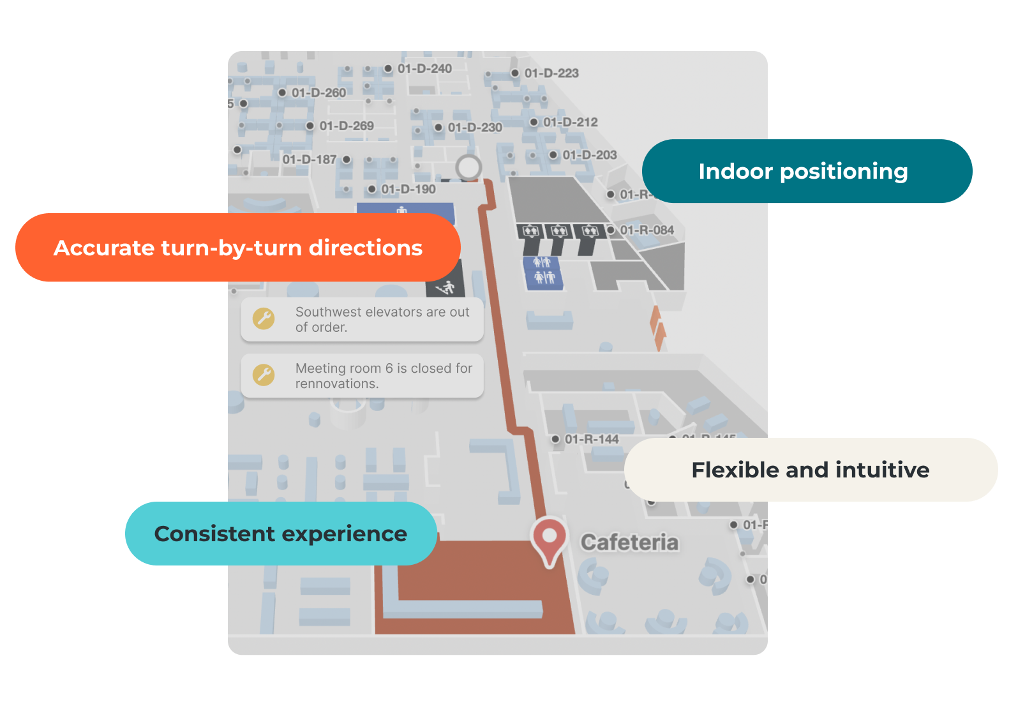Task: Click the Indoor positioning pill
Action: tap(806, 171)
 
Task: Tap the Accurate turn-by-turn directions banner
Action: tap(237, 248)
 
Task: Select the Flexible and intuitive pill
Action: tap(810, 470)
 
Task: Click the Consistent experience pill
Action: tap(281, 534)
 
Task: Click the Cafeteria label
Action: tap(629, 543)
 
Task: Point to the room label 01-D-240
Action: tap(424, 68)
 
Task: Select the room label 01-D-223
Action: tap(551, 73)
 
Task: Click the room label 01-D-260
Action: tap(318, 93)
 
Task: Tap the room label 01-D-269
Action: tap(347, 126)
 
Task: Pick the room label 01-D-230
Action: tap(475, 128)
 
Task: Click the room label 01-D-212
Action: tap(571, 122)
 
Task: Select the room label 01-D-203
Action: tap(590, 155)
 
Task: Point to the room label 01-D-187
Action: tap(310, 160)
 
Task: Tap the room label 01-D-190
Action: tap(408, 190)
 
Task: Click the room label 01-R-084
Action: tap(647, 230)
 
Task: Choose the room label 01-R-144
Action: tap(592, 439)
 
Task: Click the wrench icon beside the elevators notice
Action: tap(264, 318)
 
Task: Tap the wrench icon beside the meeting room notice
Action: tap(264, 375)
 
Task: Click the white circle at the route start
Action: tap(469, 167)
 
